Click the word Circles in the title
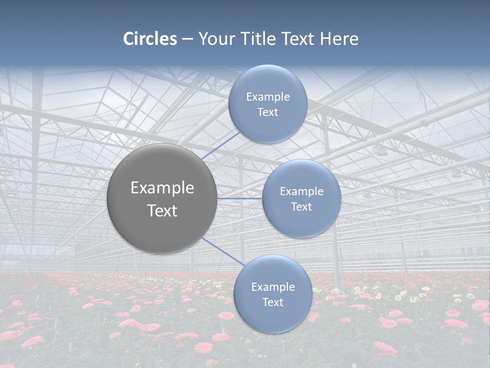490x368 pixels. (150, 39)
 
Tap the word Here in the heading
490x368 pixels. (339, 39)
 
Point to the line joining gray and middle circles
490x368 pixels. (240, 198)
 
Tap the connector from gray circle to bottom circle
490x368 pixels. (223, 251)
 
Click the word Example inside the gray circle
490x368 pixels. (162, 188)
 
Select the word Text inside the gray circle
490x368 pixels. (162, 211)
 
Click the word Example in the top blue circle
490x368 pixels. (268, 97)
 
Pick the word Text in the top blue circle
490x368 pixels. (267, 112)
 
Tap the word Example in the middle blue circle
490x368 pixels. (302, 192)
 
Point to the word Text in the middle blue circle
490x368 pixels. (301, 207)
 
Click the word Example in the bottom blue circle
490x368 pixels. (273, 287)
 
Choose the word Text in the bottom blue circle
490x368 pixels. (273, 303)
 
